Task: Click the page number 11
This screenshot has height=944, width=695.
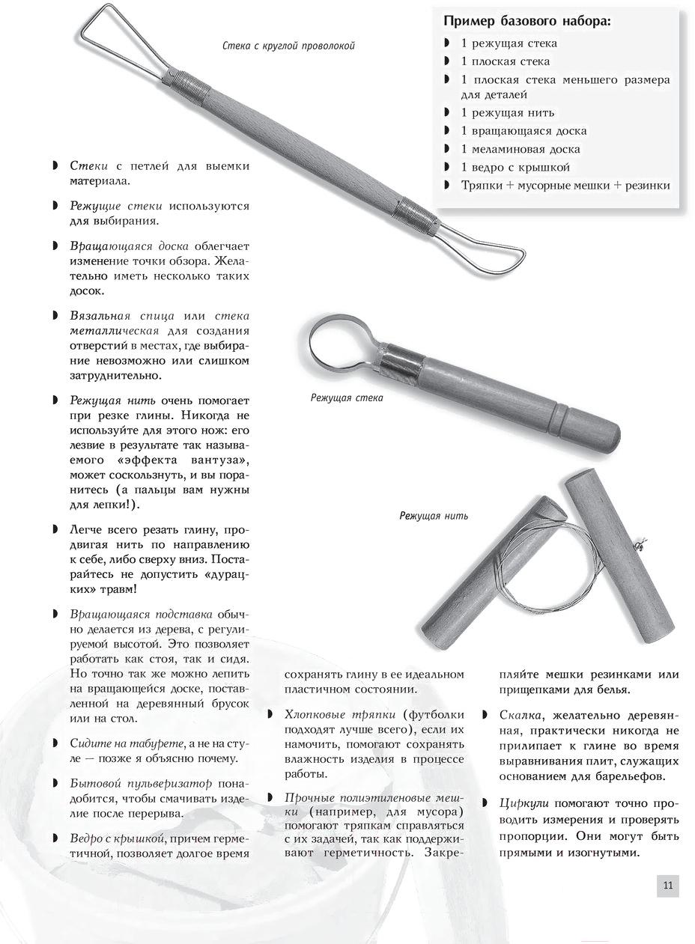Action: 668,886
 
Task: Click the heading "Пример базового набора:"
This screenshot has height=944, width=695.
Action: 527,21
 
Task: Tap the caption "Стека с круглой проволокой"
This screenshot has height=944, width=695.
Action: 289,46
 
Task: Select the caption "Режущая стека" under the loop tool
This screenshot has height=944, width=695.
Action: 347,398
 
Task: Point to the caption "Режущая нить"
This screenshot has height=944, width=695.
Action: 434,516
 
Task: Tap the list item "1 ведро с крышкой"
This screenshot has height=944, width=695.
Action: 515,167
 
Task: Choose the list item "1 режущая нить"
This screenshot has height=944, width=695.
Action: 508,112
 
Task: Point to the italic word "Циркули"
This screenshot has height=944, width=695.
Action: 525,803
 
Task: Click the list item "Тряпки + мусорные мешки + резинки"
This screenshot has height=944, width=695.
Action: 565,185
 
